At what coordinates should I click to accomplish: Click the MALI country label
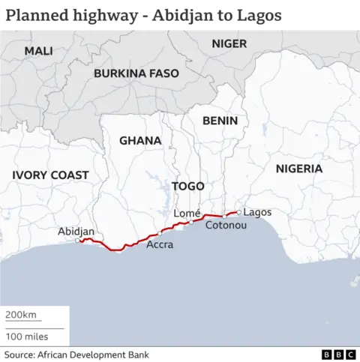click(x=38, y=50)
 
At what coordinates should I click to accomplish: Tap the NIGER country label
click(x=229, y=43)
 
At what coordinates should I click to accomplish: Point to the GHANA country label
click(x=140, y=140)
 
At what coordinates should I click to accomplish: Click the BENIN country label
click(x=220, y=120)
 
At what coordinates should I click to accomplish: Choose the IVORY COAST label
click(x=50, y=175)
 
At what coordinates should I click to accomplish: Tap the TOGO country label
click(x=187, y=185)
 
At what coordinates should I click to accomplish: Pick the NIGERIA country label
click(x=298, y=169)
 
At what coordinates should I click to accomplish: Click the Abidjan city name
click(x=76, y=232)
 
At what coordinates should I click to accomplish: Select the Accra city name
click(x=160, y=244)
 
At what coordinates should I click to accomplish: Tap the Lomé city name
click(x=187, y=214)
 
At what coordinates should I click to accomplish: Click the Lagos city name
click(x=258, y=212)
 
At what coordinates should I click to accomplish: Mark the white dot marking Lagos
click(x=238, y=212)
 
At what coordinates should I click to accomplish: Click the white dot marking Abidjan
click(x=79, y=241)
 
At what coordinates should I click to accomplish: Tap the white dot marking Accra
click(x=160, y=233)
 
